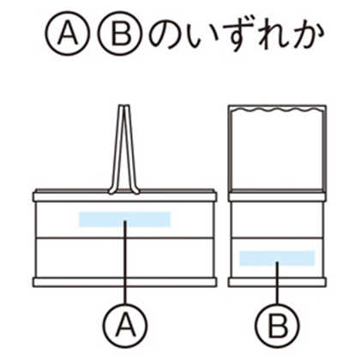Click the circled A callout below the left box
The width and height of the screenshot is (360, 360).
click(125, 325)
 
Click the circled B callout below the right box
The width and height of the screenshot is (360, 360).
click(277, 325)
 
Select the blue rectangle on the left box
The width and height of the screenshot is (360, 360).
click(125, 219)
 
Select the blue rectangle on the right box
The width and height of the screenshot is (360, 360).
click(277, 258)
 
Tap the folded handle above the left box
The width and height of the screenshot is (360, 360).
click(124, 149)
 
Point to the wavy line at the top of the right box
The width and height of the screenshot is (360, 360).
click(277, 111)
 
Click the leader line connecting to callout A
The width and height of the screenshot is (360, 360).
click(125, 262)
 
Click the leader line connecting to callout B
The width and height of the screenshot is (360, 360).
click(277, 283)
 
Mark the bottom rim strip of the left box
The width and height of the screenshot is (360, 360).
click(125, 282)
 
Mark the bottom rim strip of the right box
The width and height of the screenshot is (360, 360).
click(277, 282)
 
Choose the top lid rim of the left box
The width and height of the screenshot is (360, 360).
click(125, 195)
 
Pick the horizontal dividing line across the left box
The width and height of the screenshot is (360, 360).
click(125, 237)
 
